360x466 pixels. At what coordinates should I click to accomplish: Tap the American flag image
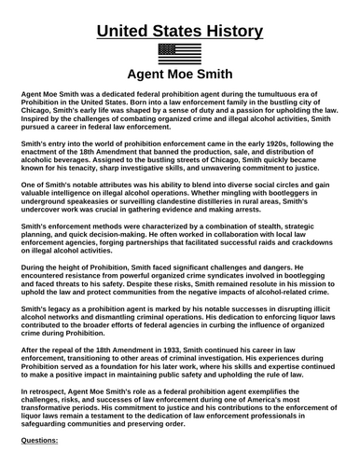tap(180, 52)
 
